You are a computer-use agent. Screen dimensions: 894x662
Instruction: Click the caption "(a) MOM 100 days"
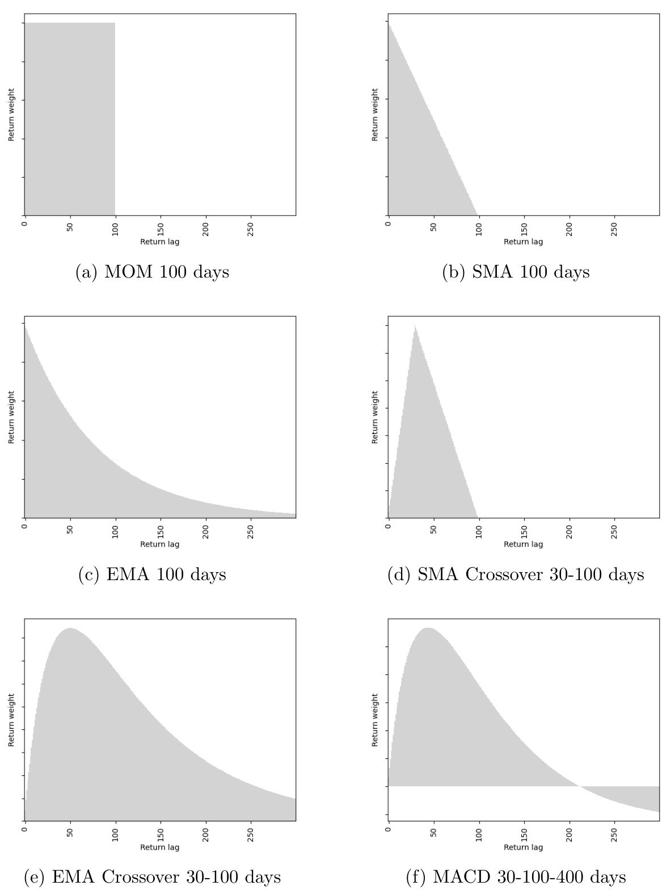pyautogui.click(x=152, y=272)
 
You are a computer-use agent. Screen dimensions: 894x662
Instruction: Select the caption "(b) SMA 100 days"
pyautogui.click(x=516, y=272)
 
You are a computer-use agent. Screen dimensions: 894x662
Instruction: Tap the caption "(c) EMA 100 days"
pyautogui.click(x=152, y=574)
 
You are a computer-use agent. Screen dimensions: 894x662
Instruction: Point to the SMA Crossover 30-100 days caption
pyautogui.click(x=516, y=574)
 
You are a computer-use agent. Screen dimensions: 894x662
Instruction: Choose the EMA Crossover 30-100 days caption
pyautogui.click(x=152, y=877)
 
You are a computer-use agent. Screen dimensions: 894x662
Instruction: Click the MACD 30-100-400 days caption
pyautogui.click(x=516, y=877)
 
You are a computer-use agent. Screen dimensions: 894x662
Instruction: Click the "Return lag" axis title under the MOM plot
pyautogui.click(x=160, y=242)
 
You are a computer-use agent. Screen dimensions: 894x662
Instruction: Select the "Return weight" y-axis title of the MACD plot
pyautogui.click(x=375, y=720)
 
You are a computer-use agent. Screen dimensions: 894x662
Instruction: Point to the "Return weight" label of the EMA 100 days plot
pyautogui.click(x=11, y=417)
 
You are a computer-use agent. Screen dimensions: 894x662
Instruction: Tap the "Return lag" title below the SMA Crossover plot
pyautogui.click(x=523, y=544)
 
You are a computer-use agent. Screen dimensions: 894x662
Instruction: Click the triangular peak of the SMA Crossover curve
pyautogui.click(x=415, y=325)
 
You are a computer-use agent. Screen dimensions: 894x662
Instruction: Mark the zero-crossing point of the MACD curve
pyautogui.click(x=579, y=786)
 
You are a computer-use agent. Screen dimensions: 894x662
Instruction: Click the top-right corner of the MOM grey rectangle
pyautogui.click(x=115, y=23)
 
